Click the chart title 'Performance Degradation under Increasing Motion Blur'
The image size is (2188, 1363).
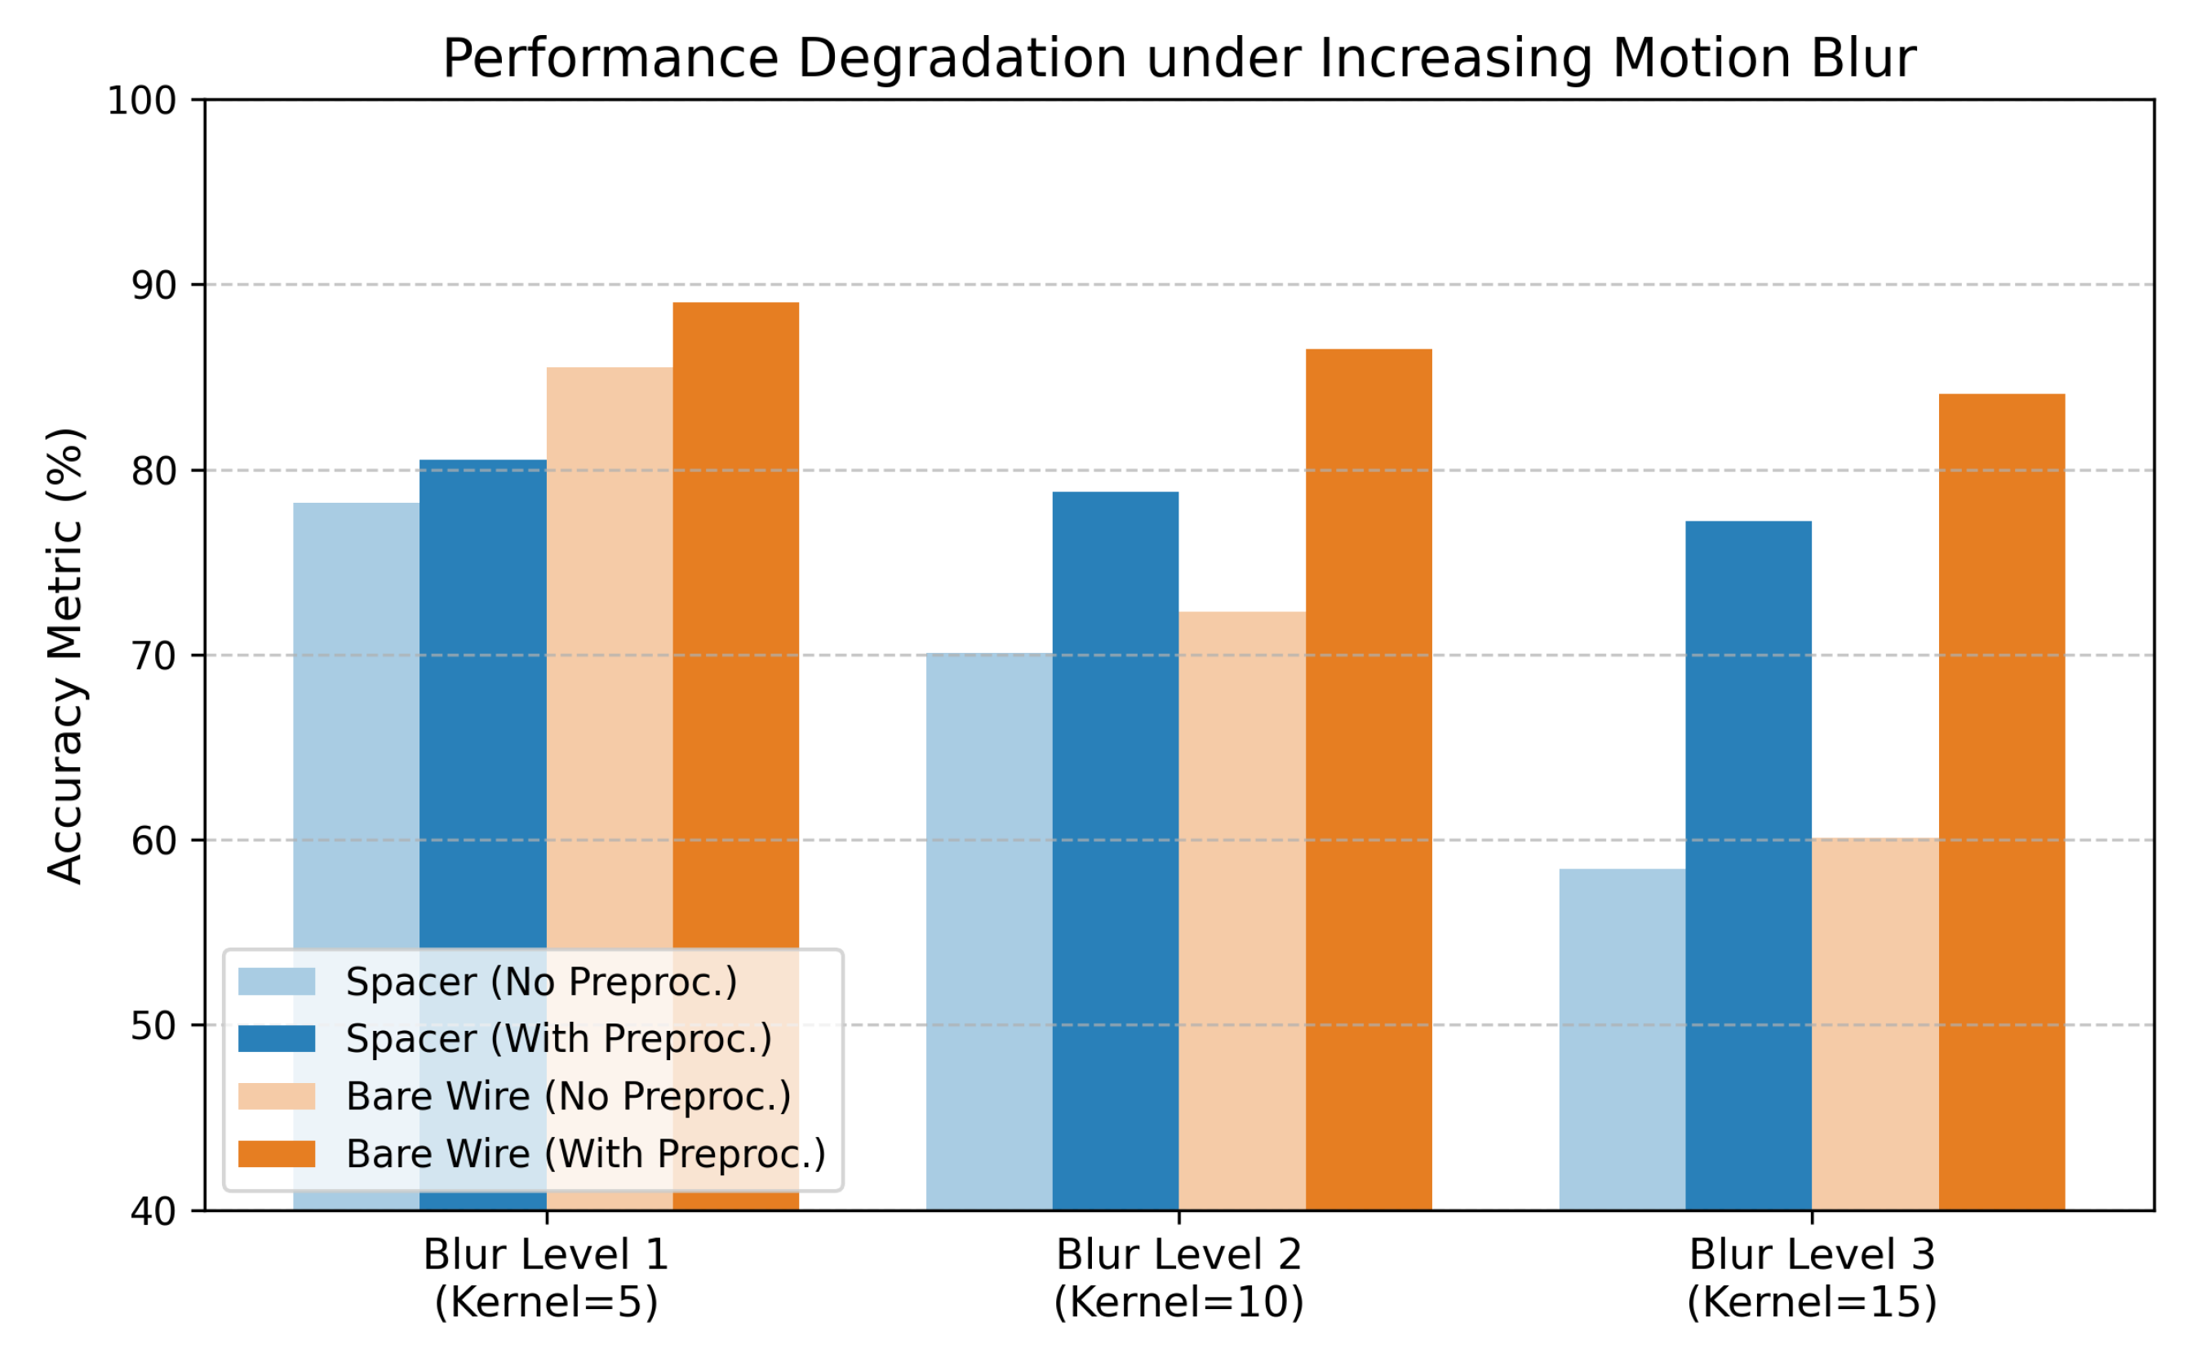1178,60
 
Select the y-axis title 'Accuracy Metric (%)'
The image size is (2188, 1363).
66,656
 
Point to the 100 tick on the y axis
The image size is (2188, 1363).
142,101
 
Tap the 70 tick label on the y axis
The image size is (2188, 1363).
154,655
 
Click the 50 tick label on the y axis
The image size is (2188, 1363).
154,1026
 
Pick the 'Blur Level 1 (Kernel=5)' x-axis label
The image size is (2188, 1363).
546,1279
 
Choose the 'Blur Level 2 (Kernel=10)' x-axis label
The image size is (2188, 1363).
1178,1279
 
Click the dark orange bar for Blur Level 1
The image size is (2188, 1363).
735,757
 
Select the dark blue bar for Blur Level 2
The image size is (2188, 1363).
1116,851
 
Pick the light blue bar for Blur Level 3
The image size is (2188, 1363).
1622,1039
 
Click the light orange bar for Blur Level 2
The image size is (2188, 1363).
1242,912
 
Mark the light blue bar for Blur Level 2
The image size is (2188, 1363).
989,932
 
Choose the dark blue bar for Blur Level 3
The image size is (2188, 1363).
1748,865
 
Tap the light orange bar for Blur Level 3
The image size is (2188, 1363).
1875,1024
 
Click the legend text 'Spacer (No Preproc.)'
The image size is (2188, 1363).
542,982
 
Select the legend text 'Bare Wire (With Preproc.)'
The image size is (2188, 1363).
586,1154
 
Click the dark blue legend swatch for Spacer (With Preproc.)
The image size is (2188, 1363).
277,1038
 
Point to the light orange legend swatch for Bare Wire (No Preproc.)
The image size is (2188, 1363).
277,1096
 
